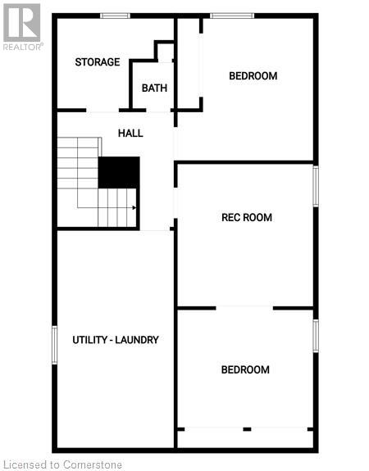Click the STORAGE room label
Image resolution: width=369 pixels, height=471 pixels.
click(98, 62)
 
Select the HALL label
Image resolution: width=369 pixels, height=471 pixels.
click(130, 133)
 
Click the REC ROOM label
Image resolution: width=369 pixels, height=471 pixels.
click(246, 218)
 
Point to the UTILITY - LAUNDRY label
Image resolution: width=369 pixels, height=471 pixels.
click(115, 340)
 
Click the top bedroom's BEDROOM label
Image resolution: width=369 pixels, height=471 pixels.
click(253, 76)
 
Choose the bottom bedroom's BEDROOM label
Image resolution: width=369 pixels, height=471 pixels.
click(245, 370)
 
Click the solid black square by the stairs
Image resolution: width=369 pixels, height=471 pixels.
click(119, 173)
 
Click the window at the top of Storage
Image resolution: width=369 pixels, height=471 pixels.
click(115, 16)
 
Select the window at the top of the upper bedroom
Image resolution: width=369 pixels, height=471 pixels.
click(231, 16)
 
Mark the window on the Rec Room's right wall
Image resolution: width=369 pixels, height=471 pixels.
click(316, 186)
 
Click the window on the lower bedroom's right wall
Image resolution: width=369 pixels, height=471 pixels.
click(316, 336)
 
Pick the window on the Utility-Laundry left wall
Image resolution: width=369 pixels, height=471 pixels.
click(55, 345)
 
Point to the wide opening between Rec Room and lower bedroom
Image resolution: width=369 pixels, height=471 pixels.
click(244, 308)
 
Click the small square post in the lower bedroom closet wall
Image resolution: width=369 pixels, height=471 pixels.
click(246, 428)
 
